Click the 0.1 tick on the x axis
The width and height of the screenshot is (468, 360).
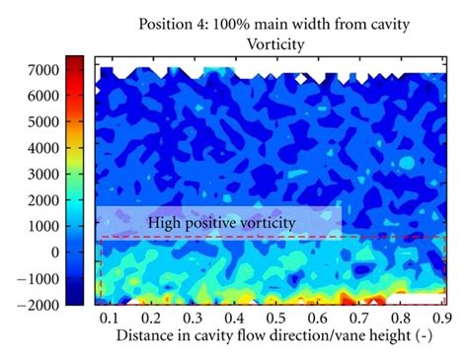click(x=108, y=319)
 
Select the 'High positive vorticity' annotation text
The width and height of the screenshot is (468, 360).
click(x=221, y=224)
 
